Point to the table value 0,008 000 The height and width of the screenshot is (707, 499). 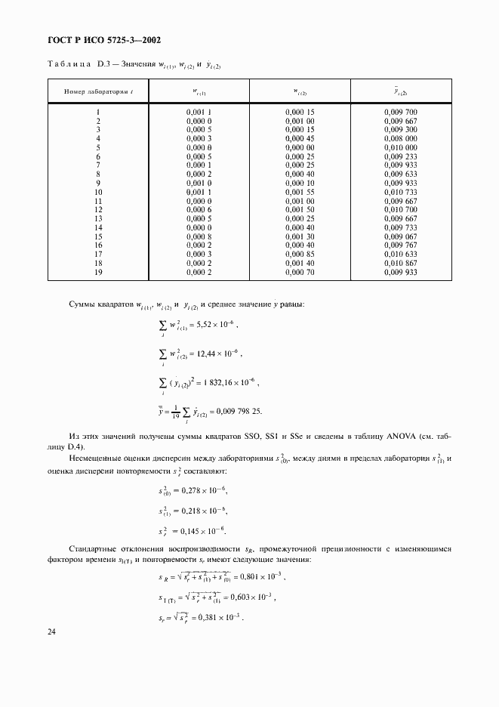click(400, 138)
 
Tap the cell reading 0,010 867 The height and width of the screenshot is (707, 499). click(400, 263)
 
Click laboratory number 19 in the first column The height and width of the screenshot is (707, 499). click(98, 272)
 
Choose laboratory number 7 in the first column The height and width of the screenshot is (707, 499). click(98, 165)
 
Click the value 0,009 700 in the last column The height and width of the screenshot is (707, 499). click(400, 112)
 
